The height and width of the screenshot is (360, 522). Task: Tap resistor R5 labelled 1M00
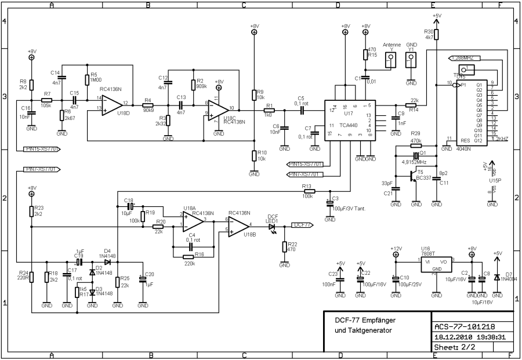point(86,79)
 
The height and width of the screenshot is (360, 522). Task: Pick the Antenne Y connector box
point(390,60)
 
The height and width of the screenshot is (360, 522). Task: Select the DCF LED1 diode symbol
point(272,228)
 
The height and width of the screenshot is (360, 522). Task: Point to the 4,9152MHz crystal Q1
point(416,154)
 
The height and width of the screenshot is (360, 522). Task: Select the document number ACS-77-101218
point(464,326)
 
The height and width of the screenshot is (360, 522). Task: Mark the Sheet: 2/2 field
point(455,347)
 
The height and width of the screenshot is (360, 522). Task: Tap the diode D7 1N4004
point(497,278)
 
